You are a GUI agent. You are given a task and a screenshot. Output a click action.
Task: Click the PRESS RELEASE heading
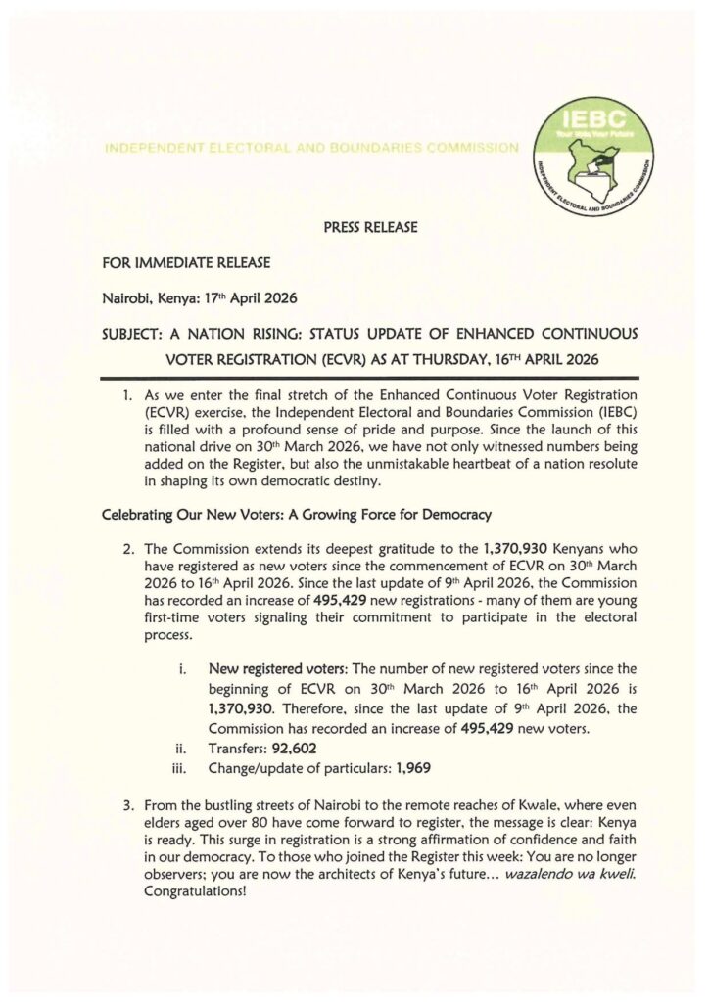tap(369, 228)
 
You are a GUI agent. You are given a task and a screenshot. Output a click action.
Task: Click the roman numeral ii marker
tap(182, 750)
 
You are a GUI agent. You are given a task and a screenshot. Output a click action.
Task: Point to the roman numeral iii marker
tap(181, 769)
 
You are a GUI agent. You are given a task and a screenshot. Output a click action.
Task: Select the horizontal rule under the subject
tap(371, 376)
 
